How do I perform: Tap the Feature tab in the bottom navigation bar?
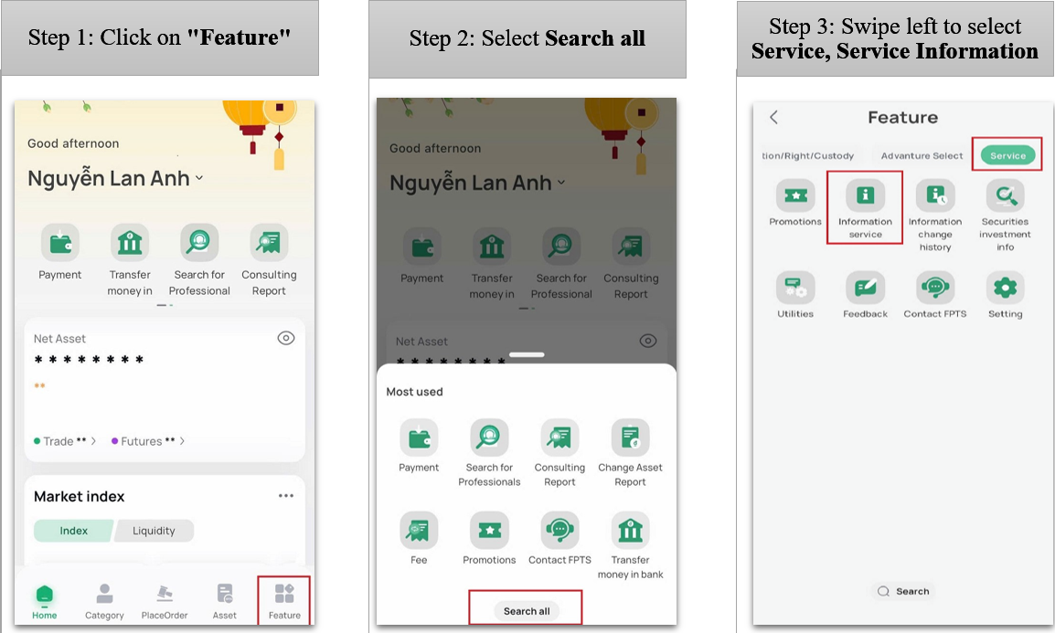pyautogui.click(x=284, y=601)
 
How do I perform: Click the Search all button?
pyautogui.click(x=527, y=611)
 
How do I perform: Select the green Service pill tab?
pyautogui.click(x=1007, y=155)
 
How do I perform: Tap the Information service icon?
pyautogui.click(x=865, y=195)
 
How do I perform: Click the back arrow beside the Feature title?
pyautogui.click(x=773, y=118)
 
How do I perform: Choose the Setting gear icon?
pyautogui.click(x=1006, y=288)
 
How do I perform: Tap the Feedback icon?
pyautogui.click(x=865, y=288)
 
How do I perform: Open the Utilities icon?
pyautogui.click(x=795, y=288)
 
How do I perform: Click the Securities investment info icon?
pyautogui.click(x=1006, y=195)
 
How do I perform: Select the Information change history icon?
pyautogui.click(x=935, y=195)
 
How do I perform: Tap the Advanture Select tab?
pyautogui.click(x=922, y=155)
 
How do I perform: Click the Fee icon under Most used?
pyautogui.click(x=419, y=530)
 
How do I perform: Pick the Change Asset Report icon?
pyautogui.click(x=631, y=438)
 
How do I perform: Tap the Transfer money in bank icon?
pyautogui.click(x=631, y=530)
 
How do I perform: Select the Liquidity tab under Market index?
pyautogui.click(x=155, y=531)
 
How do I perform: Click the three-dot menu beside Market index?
pyautogui.click(x=286, y=496)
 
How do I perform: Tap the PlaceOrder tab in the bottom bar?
pyautogui.click(x=165, y=601)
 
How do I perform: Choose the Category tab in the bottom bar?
pyautogui.click(x=104, y=601)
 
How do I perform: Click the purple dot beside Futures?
pyautogui.click(x=114, y=441)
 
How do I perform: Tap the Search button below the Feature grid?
pyautogui.click(x=903, y=591)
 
